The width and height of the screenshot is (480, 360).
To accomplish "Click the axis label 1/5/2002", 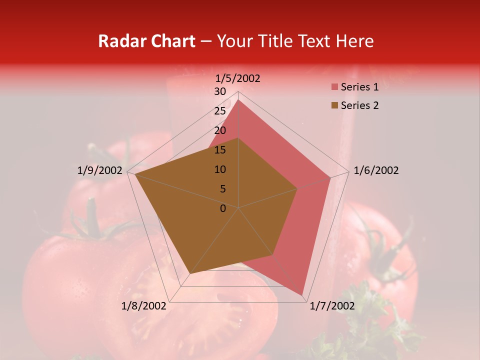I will coord(238,78).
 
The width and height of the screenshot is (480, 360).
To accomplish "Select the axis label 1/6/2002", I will coord(376,170).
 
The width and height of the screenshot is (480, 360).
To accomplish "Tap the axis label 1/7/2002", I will coord(332,305).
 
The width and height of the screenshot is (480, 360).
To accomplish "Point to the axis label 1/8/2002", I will coord(144,305).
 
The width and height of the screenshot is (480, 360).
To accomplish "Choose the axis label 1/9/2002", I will coord(100,170).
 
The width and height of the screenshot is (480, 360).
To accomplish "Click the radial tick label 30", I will coord(220,91).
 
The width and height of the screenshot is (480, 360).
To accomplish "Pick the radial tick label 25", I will coord(220,111).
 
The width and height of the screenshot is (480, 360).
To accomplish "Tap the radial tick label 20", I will coord(220,130).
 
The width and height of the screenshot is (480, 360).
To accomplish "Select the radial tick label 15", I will coord(220,150).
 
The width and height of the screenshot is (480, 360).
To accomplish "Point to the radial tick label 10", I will coord(220,169).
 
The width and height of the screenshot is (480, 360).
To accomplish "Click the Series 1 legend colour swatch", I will coord(334,87).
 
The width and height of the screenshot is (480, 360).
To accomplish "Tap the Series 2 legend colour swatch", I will coord(334,105).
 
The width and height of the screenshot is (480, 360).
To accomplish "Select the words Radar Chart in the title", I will coord(146,41).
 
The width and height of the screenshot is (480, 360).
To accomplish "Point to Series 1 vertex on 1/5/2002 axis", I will coord(238,100).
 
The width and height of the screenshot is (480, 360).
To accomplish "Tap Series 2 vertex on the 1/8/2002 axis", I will coord(190,273).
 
